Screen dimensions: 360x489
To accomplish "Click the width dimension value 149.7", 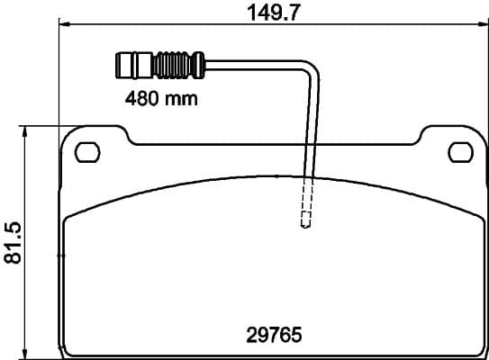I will tap(273, 12).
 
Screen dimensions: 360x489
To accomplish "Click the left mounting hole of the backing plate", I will tap(87, 152).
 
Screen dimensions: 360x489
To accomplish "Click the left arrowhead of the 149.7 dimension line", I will tap(63, 26).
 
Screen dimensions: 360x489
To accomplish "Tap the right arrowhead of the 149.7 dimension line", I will tap(482, 26).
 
